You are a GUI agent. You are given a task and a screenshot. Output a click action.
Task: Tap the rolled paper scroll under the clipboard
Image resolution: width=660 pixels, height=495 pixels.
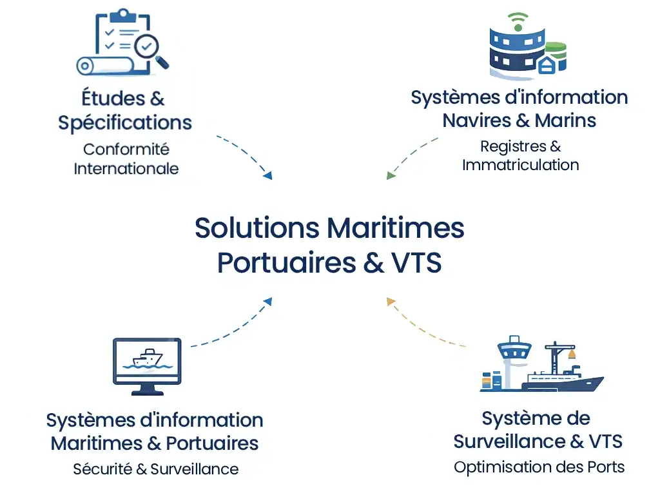[103, 65]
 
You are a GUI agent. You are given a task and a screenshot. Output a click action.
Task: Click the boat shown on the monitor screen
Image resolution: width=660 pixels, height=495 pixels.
[147, 358]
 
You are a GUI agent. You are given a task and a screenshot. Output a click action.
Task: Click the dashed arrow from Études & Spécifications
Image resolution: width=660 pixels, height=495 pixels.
[245, 153]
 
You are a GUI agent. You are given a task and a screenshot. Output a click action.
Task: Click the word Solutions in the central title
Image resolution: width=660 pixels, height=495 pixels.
[257, 228]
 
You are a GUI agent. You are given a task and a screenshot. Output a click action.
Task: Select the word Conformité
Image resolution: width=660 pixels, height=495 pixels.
[126, 149]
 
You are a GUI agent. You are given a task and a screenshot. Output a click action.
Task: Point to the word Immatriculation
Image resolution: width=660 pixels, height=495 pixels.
[521, 164]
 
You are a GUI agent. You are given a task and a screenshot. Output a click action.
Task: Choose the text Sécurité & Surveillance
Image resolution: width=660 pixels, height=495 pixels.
[155, 469]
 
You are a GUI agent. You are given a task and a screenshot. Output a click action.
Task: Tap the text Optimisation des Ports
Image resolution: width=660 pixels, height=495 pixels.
[539, 467]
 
